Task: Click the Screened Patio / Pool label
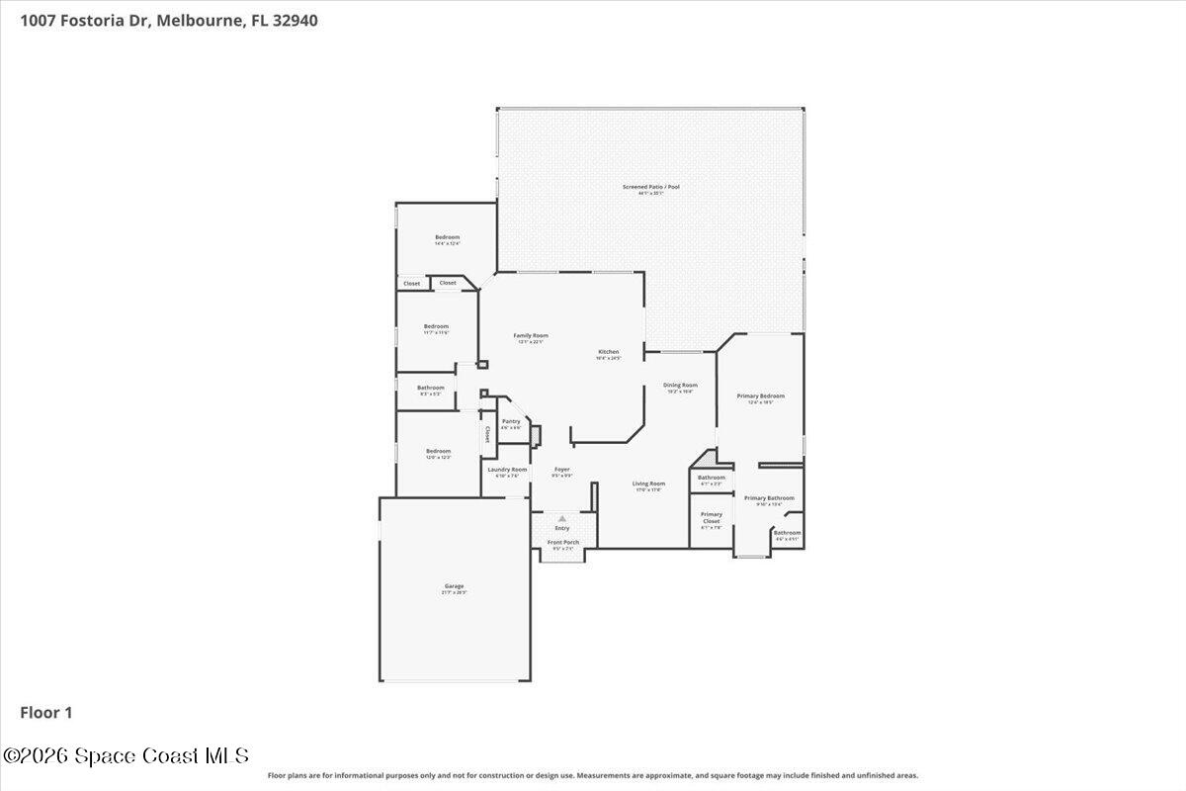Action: click(x=650, y=187)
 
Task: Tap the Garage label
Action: click(x=454, y=586)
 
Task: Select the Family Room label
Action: click(x=530, y=336)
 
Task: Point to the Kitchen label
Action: click(x=608, y=353)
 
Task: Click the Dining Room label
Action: click(x=680, y=386)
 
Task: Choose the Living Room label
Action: click(x=649, y=484)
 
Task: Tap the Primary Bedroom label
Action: click(x=760, y=396)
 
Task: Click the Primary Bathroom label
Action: click(x=769, y=498)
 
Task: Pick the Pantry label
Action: click(x=511, y=422)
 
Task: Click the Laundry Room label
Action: click(x=507, y=470)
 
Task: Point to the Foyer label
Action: click(x=561, y=470)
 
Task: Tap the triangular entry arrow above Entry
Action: click(x=562, y=518)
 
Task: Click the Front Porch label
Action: click(x=563, y=542)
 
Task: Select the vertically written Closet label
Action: click(x=487, y=434)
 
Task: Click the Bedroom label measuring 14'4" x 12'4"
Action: click(x=448, y=237)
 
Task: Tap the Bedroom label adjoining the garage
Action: click(x=438, y=452)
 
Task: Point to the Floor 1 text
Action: click(x=46, y=712)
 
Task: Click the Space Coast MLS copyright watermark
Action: click(x=126, y=755)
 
